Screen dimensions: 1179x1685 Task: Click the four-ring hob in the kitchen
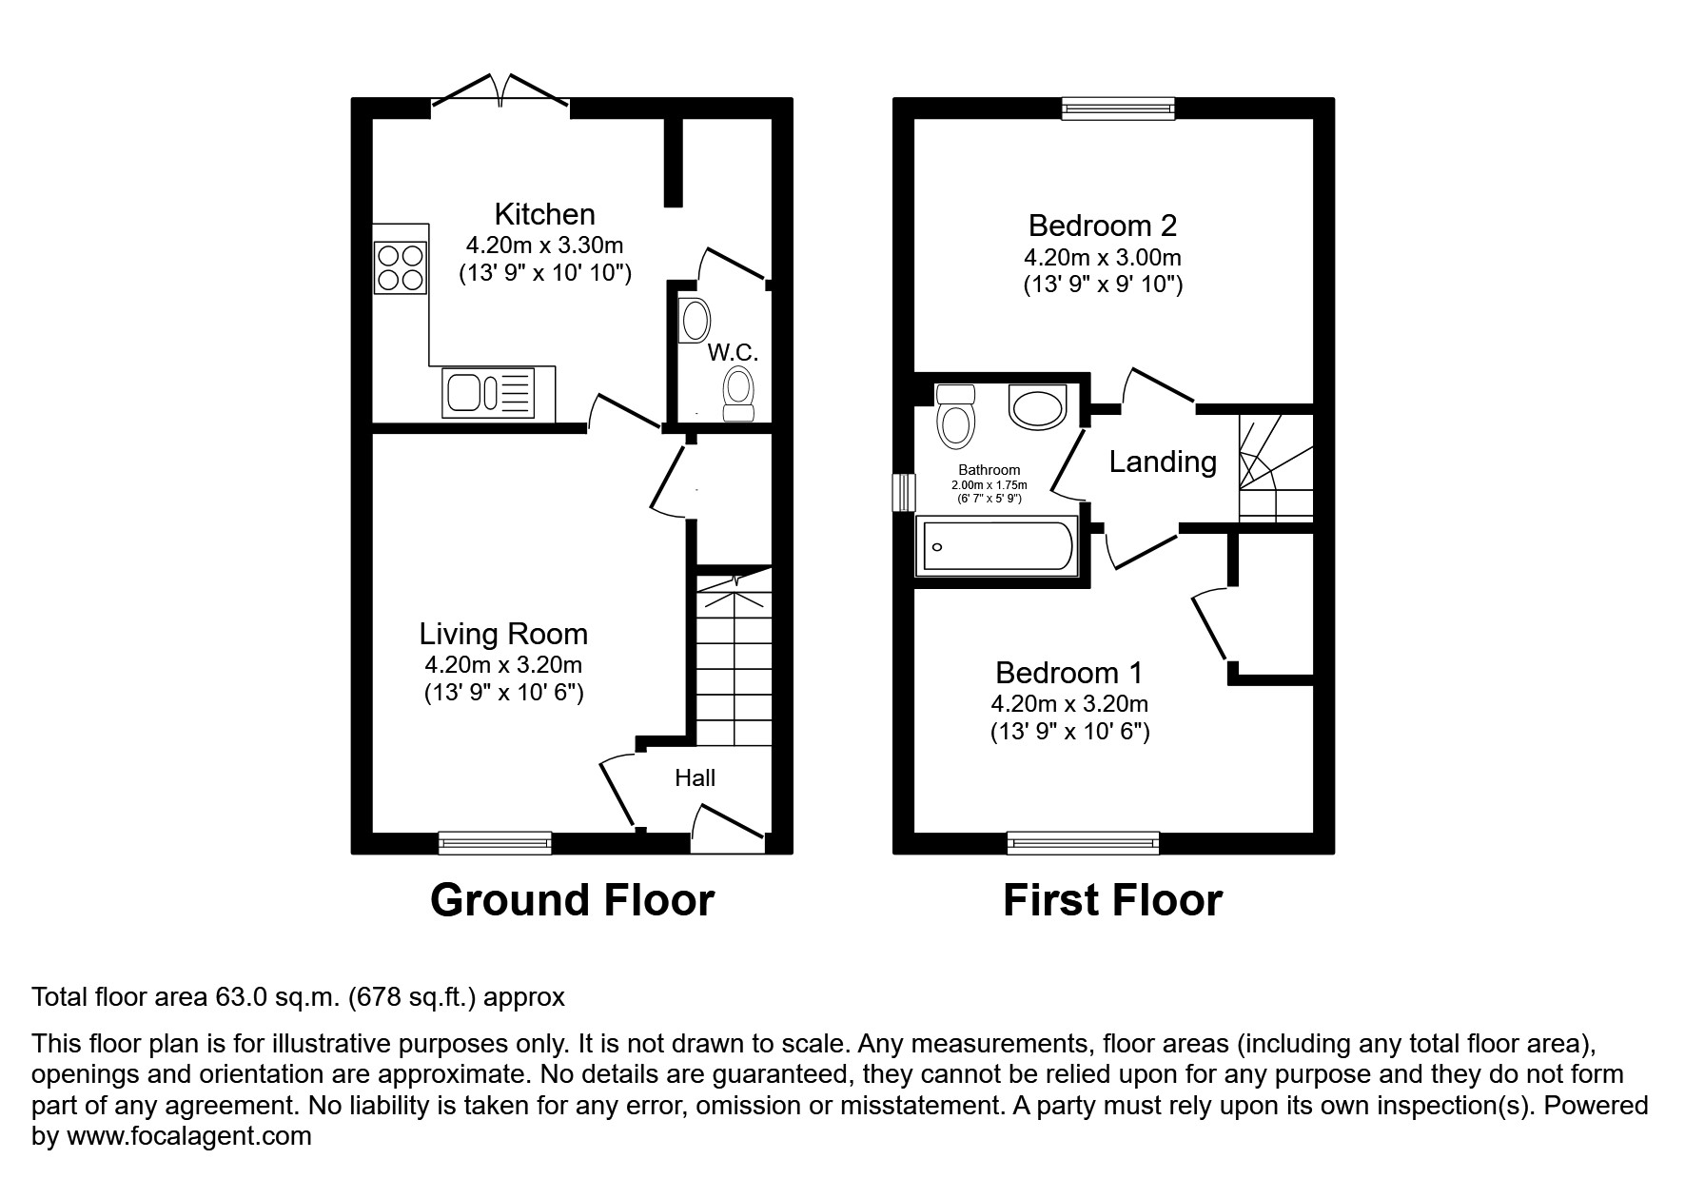pos(401,267)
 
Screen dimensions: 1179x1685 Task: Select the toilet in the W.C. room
pos(738,394)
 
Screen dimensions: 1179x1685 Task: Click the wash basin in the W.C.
pos(695,321)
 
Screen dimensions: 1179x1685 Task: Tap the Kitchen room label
pos(544,214)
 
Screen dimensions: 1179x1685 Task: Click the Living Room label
pos(503,634)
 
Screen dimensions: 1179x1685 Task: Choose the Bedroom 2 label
pos(1103,226)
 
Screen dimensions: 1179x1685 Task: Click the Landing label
pos(1163,462)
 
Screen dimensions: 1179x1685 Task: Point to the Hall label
pos(695,778)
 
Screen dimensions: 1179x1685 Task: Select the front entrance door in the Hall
pos(728,826)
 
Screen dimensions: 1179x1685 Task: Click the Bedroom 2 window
pos(1118,108)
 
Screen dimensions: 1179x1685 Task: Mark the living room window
pos(495,842)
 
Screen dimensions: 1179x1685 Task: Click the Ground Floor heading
pos(572,900)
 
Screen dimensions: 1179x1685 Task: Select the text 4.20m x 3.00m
pos(1103,257)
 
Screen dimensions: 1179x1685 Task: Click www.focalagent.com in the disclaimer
pos(188,1136)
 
